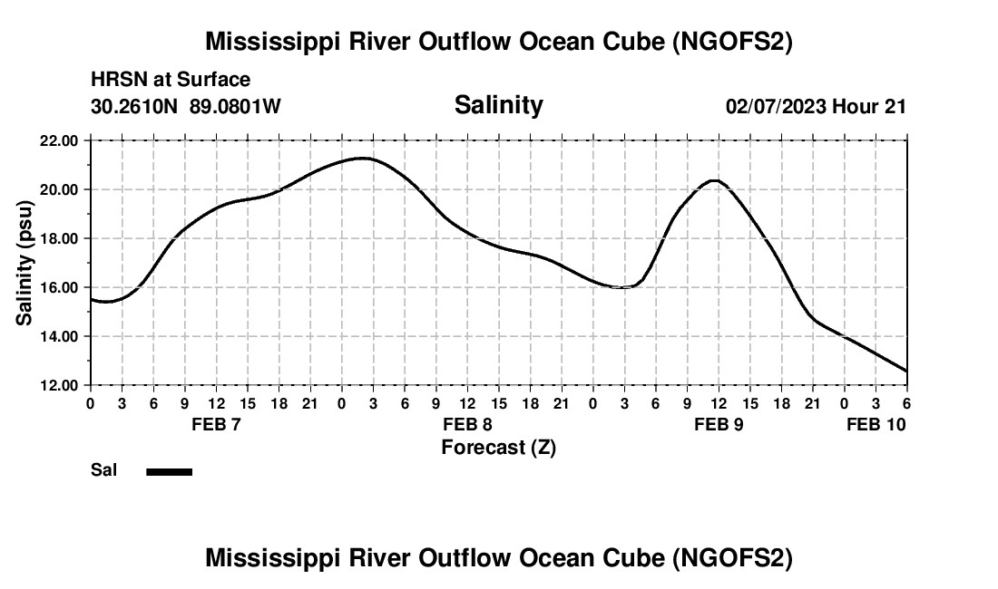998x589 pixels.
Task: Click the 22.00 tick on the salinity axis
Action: coord(59,140)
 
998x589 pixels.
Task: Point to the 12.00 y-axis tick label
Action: coord(59,385)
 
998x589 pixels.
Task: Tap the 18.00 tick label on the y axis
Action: coord(59,238)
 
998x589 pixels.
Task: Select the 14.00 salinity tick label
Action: coord(59,336)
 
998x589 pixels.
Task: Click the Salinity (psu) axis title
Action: coord(25,263)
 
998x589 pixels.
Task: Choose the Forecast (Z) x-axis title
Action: coord(498,447)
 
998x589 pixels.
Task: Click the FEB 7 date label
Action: coord(216,424)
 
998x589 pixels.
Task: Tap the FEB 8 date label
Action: coord(467,424)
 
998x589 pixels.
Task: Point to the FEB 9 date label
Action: coord(719,424)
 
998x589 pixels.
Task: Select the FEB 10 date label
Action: coord(876,424)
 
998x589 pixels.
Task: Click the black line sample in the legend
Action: coord(170,471)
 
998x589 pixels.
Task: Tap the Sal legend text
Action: coord(103,470)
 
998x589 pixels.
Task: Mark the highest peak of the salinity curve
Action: coord(363,158)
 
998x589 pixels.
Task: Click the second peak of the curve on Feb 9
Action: coord(715,180)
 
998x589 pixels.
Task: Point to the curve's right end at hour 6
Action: coord(905,371)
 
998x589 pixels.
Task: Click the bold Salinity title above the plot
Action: coord(498,105)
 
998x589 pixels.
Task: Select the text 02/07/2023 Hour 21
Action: coord(816,106)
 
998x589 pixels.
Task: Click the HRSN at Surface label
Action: coord(171,80)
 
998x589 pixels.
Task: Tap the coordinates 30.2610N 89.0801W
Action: coord(186,106)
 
